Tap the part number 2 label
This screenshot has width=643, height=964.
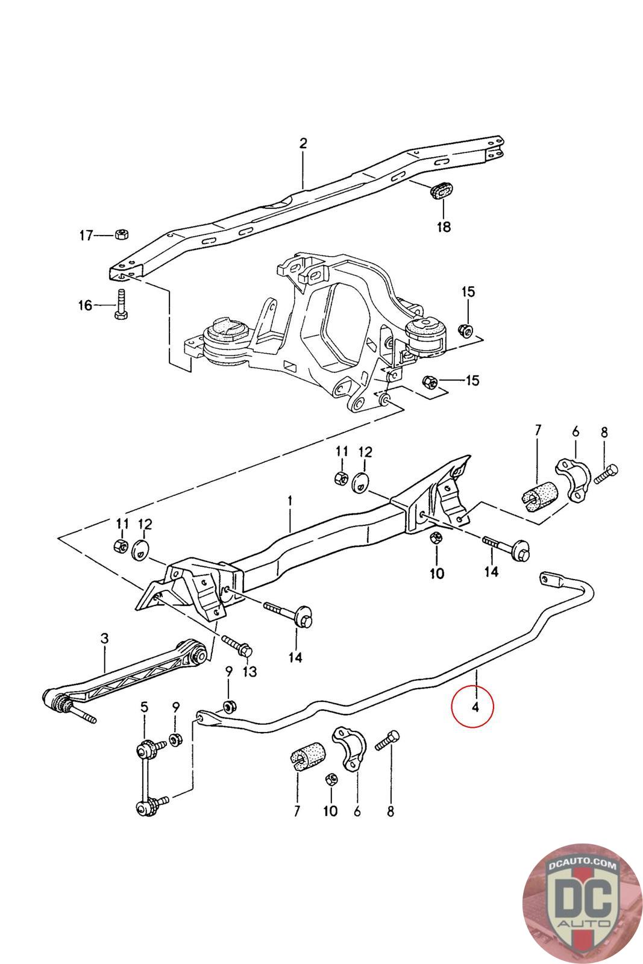point(303,143)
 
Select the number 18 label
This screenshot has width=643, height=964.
point(444,227)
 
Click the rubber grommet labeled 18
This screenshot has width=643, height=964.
point(442,190)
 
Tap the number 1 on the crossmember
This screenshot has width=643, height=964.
point(290,500)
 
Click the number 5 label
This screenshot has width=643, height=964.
point(144,707)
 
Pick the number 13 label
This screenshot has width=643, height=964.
point(249,672)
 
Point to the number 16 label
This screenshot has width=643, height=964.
point(85,305)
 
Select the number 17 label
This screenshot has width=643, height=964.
point(87,235)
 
